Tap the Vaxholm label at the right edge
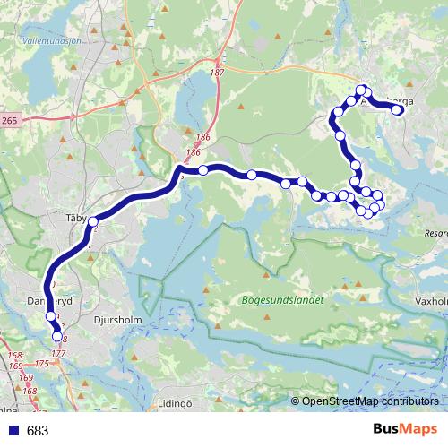pyautogui.click(x=432, y=303)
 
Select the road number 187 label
pyautogui.click(x=217, y=72)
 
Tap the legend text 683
pyautogui.click(x=38, y=431)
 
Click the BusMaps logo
pyautogui.click(x=405, y=430)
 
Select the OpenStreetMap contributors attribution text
pyautogui.click(x=367, y=401)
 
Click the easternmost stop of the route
pyautogui.click(x=398, y=110)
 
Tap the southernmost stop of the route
pyautogui.click(x=58, y=337)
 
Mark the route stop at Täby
pyautogui.click(x=92, y=220)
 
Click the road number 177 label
pyautogui.click(x=59, y=355)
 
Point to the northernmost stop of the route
pyautogui.click(x=362, y=89)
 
